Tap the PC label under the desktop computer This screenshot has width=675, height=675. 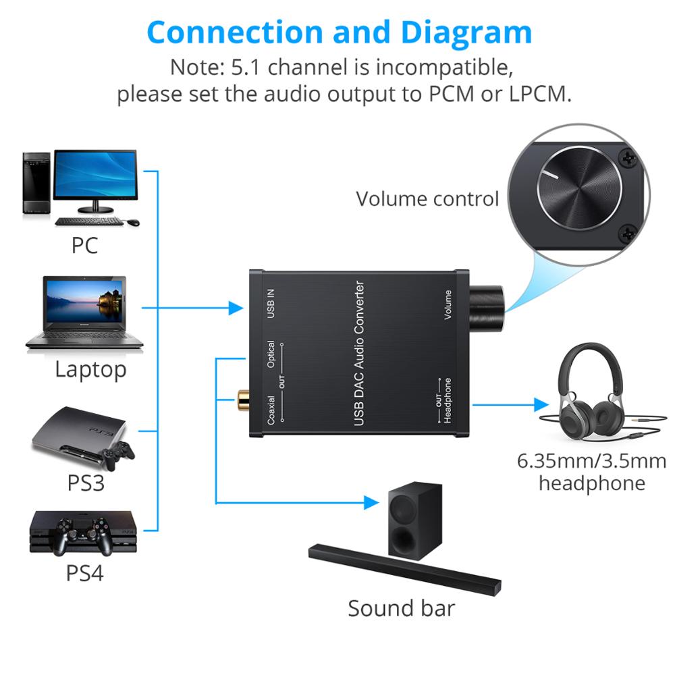(x=84, y=245)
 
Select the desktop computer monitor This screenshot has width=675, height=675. (x=94, y=174)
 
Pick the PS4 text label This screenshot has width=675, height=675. (x=84, y=573)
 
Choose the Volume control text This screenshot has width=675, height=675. (x=427, y=198)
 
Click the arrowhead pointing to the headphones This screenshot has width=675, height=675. (x=541, y=405)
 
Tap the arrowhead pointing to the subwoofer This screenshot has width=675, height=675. (x=369, y=502)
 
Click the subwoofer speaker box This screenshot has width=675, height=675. (x=413, y=520)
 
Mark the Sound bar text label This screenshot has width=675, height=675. (x=401, y=607)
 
